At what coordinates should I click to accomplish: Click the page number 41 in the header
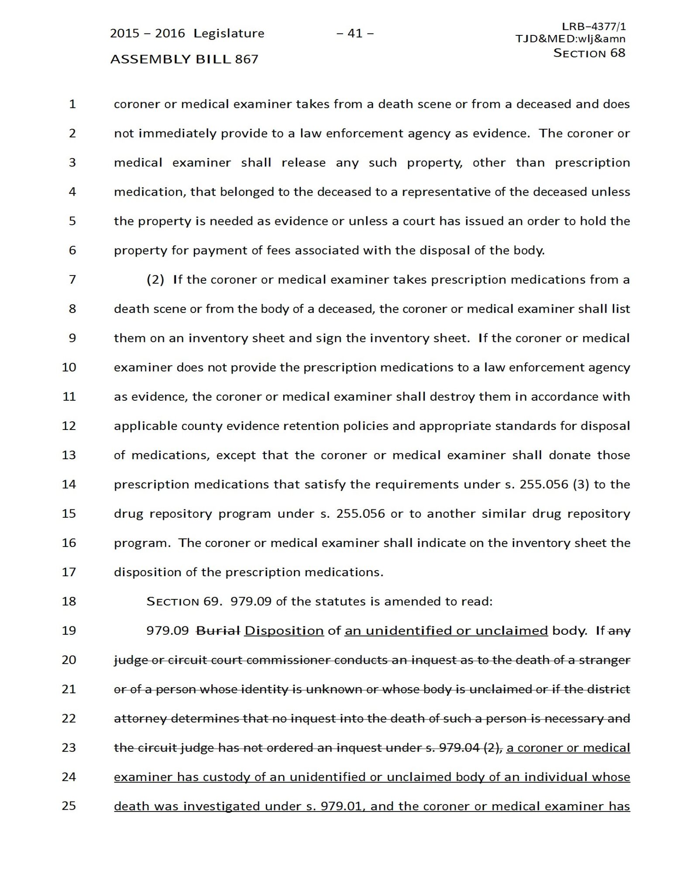tap(355, 33)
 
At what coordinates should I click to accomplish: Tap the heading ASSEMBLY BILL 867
tap(184, 59)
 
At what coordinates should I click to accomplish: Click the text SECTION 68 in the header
tap(589, 53)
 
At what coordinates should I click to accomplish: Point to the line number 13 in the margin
tap(69, 455)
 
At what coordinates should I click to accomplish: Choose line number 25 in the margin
tap(69, 806)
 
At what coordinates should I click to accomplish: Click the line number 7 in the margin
tap(72, 279)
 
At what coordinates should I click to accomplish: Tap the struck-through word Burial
tap(218, 631)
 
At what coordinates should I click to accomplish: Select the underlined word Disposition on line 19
tap(284, 631)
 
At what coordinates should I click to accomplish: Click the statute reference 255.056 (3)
tap(554, 484)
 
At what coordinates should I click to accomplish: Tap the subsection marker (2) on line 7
tap(155, 279)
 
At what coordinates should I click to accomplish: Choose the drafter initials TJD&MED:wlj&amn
tap(570, 39)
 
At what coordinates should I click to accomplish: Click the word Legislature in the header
tap(229, 33)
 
